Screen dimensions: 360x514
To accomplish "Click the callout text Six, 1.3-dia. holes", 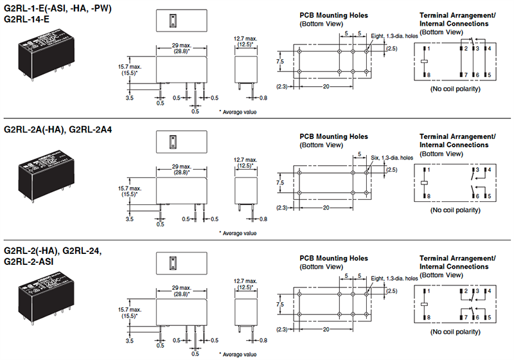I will [x=394, y=157].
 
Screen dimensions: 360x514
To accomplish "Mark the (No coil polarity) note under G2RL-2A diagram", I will [x=455, y=210].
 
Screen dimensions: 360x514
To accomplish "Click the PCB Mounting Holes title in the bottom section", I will [x=333, y=256].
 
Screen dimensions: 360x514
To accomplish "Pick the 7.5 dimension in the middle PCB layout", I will [x=279, y=182].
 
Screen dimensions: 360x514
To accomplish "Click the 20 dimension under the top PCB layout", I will [x=326, y=87].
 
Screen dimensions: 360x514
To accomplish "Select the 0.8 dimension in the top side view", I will [x=263, y=98].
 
